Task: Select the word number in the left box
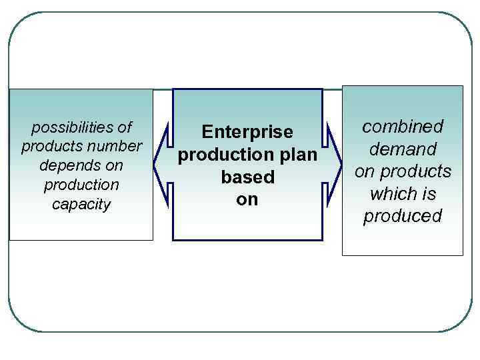tap(118, 146)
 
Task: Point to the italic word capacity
tap(81, 203)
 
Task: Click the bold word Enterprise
tap(247, 132)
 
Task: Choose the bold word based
tap(247, 177)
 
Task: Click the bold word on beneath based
tap(247, 199)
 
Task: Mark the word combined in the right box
tap(403, 127)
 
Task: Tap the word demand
tap(403, 149)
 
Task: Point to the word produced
tap(403, 216)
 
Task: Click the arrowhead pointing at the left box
tap(159, 164)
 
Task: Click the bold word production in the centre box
tap(221, 155)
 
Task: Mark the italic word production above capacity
tap(81, 184)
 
